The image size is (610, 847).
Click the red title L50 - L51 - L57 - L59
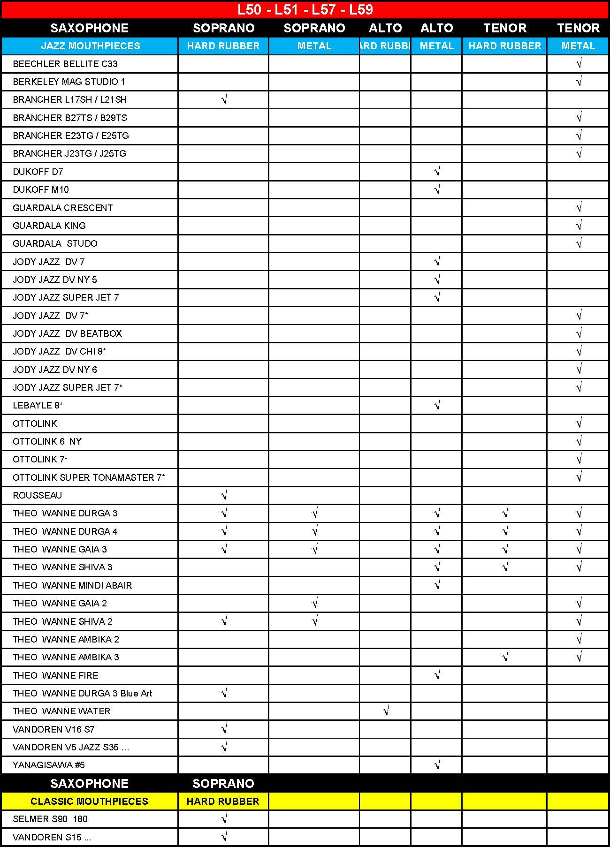tap(305, 10)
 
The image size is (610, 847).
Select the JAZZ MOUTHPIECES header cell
tap(90, 46)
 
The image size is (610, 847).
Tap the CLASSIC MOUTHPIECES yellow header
tap(89, 801)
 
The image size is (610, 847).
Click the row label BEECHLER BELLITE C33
tap(65, 64)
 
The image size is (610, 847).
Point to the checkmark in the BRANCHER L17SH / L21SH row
tap(224, 99)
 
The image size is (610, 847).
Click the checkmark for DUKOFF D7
tap(437, 171)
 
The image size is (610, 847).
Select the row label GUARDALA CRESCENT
tap(63, 208)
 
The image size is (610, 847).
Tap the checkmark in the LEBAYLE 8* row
tap(437, 405)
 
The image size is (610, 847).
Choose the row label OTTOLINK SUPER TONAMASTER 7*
tap(89, 477)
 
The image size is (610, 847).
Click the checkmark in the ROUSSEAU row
tap(224, 495)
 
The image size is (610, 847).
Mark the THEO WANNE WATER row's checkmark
tap(386, 711)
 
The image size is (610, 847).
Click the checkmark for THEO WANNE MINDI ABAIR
tap(437, 585)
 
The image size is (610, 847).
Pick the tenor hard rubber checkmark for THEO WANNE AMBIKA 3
tap(505, 657)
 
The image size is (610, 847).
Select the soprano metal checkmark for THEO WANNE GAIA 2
tap(314, 603)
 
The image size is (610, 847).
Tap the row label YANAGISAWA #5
tap(49, 765)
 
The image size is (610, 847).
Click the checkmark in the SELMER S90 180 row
tap(224, 819)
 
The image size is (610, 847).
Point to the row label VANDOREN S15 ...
tap(52, 837)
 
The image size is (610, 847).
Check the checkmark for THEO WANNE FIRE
tap(437, 675)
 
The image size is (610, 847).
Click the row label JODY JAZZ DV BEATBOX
tap(67, 333)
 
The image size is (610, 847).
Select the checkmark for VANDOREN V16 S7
tap(224, 729)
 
